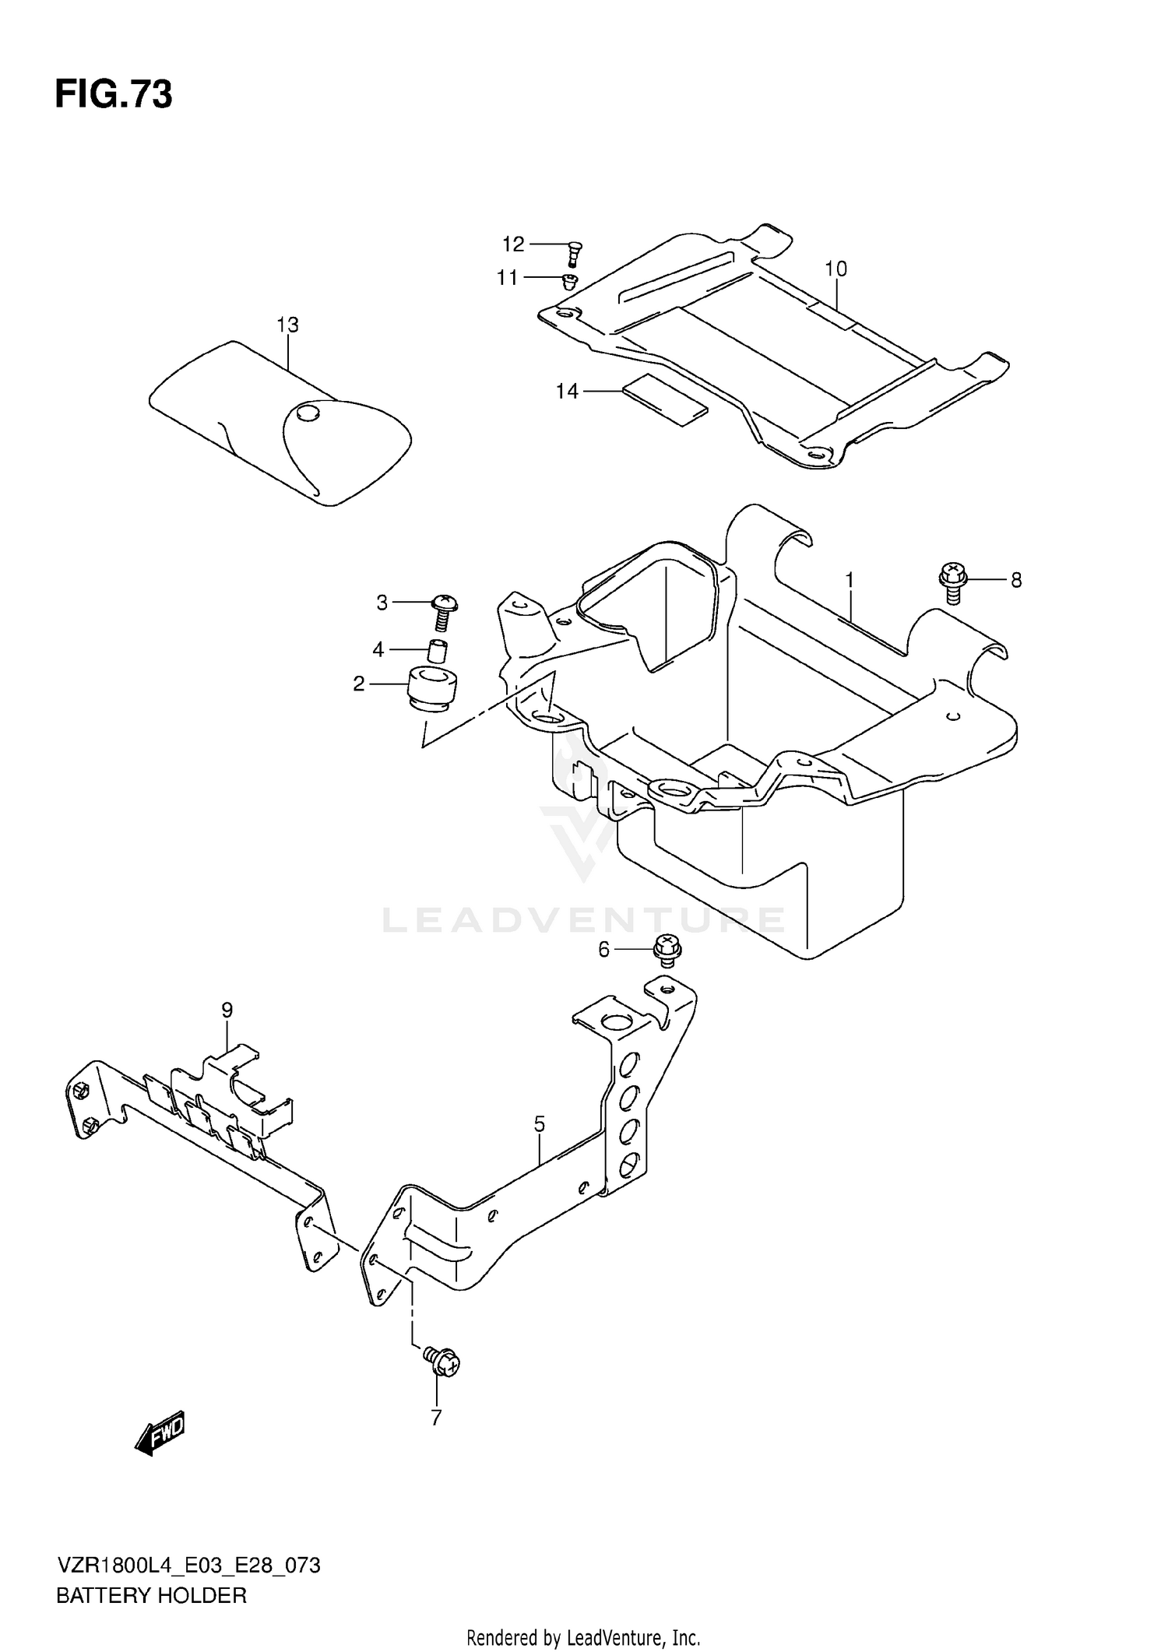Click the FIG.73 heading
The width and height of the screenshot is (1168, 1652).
[x=114, y=95]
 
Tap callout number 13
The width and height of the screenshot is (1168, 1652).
[x=287, y=325]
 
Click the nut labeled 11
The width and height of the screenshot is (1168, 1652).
[x=571, y=279]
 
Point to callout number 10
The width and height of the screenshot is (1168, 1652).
[x=836, y=269]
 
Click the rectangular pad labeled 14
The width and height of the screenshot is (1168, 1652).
[x=667, y=400]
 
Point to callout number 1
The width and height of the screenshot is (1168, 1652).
[x=850, y=581]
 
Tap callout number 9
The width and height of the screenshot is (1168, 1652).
[x=227, y=1011]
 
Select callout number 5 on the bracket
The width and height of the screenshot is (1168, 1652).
[x=539, y=1124]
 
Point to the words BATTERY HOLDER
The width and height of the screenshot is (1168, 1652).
[x=151, y=1595]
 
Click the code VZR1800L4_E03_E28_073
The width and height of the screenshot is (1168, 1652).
[x=188, y=1566]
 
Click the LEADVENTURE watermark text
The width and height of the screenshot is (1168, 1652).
[x=584, y=920]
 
